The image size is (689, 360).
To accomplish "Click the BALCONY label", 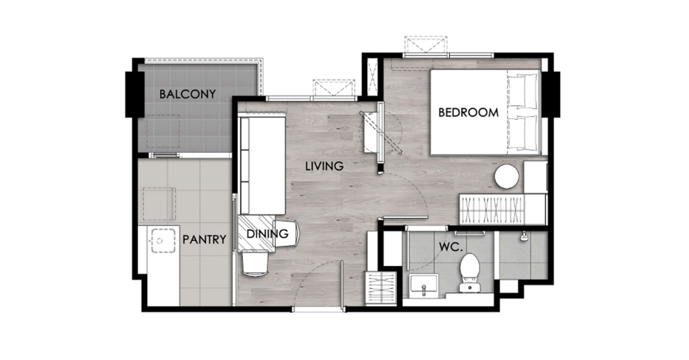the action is [187, 94].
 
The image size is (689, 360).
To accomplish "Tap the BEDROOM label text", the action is [468, 112].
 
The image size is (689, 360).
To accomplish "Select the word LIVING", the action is [324, 166].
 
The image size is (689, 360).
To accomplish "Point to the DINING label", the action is [268, 234].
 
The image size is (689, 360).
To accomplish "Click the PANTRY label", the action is [204, 240].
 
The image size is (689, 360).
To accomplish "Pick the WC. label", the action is [451, 247].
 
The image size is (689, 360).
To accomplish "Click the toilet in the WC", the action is [470, 273].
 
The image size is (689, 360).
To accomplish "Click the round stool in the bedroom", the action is [506, 176].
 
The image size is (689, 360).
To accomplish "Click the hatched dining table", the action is [256, 233].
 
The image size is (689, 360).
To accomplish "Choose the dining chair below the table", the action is [255, 263].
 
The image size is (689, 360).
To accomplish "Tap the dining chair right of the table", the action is [287, 234].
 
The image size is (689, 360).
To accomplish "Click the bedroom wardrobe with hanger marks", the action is [491, 209].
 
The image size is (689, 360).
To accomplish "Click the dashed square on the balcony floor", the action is [163, 131].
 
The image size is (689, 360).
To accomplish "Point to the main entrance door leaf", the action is [342, 286].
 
